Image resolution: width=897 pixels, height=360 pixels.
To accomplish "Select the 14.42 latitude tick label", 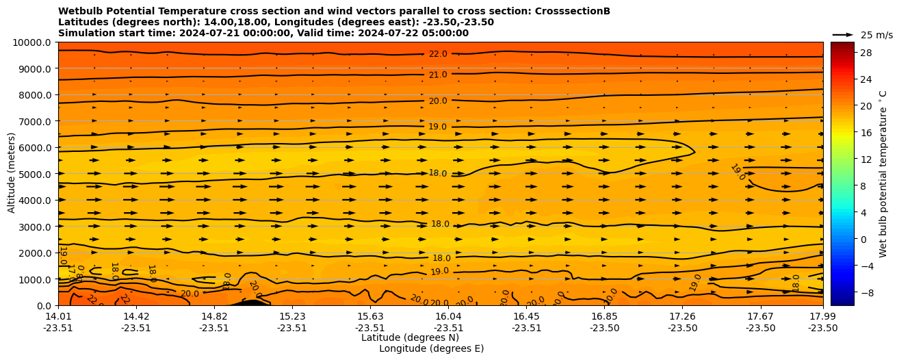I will coord(136,316).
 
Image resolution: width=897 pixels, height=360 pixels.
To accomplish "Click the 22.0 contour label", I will coord(438,54).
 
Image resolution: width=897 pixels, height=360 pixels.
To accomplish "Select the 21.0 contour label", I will coord(438,75).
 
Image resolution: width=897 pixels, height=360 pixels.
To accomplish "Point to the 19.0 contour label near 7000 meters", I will coord(437,127).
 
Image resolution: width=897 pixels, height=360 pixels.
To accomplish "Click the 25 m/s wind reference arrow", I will coord(842,34).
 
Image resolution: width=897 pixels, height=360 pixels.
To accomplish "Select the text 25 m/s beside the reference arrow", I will coord(876,35).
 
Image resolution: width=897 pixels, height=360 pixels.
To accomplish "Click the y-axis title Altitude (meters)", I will coord(12,174).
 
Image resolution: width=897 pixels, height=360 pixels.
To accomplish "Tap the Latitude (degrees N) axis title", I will coord(410,337).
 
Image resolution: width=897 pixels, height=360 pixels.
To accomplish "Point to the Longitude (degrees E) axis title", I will coord(431,348).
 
